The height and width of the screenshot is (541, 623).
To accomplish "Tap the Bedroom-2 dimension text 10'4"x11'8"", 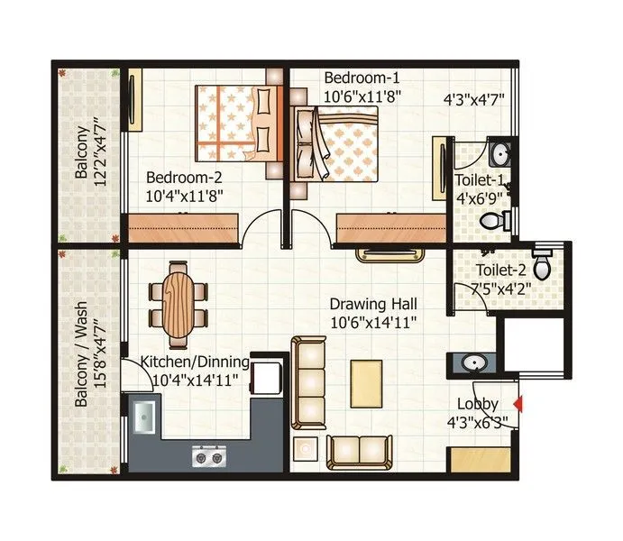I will [x=185, y=193].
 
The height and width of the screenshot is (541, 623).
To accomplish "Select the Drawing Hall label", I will [x=372, y=304].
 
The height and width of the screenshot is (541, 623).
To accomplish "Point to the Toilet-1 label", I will [x=480, y=180].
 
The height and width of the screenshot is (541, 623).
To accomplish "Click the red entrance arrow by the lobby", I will [x=517, y=403].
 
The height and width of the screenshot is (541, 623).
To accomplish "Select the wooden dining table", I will [x=178, y=294].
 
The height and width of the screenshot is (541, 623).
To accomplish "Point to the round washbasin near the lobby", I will [x=472, y=364].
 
